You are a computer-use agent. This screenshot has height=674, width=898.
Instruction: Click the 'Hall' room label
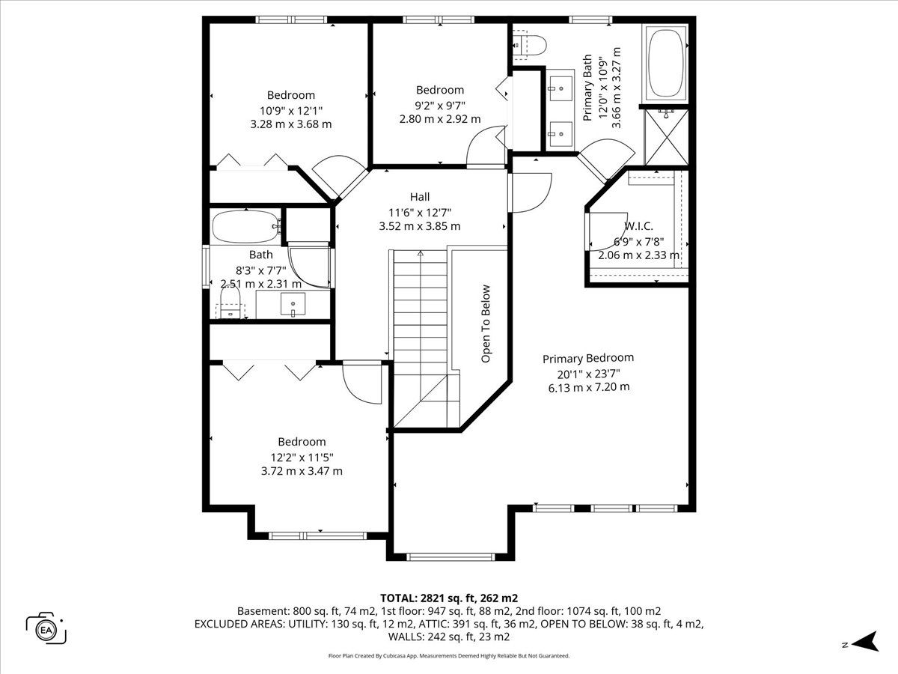pyautogui.click(x=420, y=197)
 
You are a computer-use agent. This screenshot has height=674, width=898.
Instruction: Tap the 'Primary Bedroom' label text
pyautogui.click(x=588, y=358)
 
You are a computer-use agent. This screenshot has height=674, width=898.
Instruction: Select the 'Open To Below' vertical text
pyautogui.click(x=486, y=324)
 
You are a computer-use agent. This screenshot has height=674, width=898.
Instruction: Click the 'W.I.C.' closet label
pyautogui.click(x=638, y=226)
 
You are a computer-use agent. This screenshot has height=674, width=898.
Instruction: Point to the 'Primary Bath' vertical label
pyautogui.click(x=587, y=88)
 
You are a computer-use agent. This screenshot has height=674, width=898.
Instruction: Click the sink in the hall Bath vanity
pyautogui.click(x=293, y=304)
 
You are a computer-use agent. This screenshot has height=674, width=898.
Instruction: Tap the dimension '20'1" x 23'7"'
pyautogui.click(x=589, y=374)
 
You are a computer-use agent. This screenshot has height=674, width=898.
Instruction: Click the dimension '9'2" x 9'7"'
pyautogui.click(x=440, y=106)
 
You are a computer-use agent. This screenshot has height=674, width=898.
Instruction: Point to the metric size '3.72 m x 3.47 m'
pyautogui.click(x=302, y=471)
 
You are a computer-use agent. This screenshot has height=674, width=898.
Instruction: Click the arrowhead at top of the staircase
pyautogui.click(x=421, y=254)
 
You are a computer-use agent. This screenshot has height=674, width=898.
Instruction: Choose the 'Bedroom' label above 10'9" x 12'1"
pyautogui.click(x=291, y=95)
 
